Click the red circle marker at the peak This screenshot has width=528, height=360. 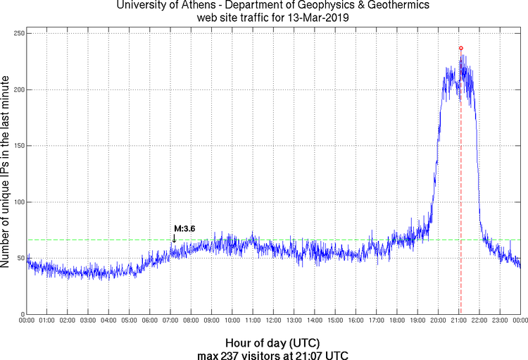[461, 48]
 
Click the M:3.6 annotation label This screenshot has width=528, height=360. [184, 229]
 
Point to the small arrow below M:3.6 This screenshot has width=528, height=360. [174, 239]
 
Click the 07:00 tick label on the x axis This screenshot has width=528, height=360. [170, 321]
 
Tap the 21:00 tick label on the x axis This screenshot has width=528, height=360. [458, 321]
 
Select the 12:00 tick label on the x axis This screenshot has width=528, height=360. [273, 321]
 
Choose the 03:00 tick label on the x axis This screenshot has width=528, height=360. [88, 321]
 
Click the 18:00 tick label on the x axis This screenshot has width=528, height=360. [396, 321]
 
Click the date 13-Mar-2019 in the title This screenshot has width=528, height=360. [314, 17]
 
